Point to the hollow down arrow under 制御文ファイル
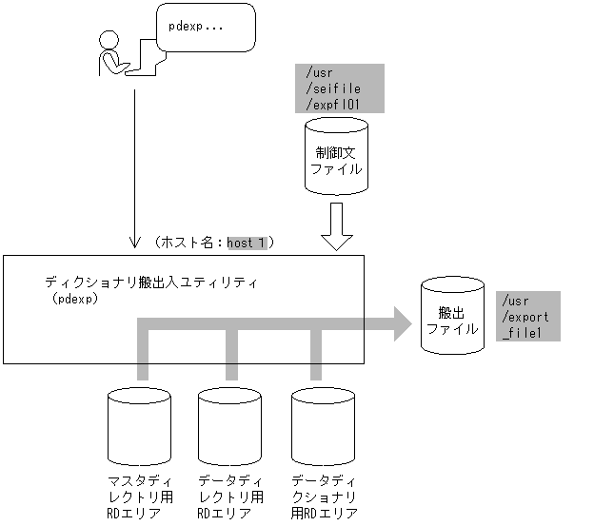pos(335,226)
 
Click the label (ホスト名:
pos(188,244)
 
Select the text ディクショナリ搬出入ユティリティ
pos(151,282)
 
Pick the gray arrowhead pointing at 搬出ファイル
pos(398,322)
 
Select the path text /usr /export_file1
pos(527,316)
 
